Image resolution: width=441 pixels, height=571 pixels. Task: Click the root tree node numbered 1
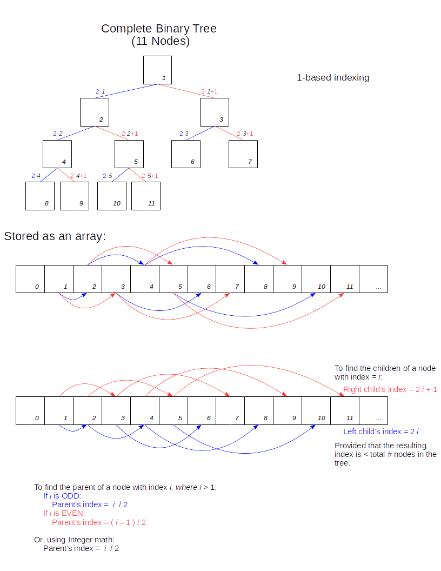157,70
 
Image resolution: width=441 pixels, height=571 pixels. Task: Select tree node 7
243,154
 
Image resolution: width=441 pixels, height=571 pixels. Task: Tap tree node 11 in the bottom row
146,196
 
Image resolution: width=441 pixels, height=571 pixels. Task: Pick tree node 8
40,196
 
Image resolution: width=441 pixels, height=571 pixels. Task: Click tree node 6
186,154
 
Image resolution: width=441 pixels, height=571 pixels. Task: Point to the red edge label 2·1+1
209,91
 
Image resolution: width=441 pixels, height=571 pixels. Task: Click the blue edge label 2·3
184,134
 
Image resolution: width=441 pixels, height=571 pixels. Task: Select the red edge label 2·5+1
150,176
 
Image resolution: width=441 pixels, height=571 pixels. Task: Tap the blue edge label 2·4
36,176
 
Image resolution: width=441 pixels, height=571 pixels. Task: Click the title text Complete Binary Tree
159,29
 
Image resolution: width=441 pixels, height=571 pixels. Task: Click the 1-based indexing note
333,77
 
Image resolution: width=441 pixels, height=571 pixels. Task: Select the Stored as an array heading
55,236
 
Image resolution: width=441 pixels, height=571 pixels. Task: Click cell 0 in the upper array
30,279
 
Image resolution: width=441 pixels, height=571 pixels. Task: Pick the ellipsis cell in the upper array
373,279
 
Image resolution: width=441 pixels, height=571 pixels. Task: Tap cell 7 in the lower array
230,410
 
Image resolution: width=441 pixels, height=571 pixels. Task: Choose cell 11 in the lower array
345,410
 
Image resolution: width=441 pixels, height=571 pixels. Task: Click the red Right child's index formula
390,389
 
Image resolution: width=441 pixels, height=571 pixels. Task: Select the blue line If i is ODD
62,496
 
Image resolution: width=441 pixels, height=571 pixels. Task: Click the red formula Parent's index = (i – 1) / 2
99,522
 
